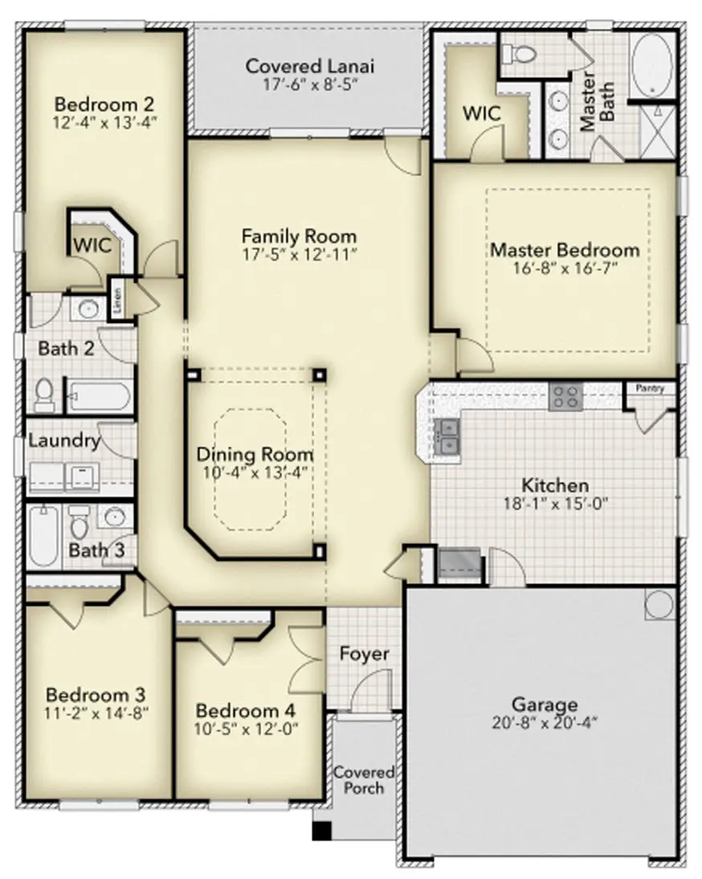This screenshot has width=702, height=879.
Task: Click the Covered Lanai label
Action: click(309, 66)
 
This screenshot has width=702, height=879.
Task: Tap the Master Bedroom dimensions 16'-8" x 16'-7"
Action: click(565, 268)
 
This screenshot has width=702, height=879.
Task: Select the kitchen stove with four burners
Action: click(565, 398)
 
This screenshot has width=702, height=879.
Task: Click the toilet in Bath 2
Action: click(45, 395)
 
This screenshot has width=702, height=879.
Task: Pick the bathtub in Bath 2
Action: click(99, 397)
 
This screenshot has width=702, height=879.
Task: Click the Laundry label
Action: click(63, 440)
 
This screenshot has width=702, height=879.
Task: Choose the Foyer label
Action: click(364, 654)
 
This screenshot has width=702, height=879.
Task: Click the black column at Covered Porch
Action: click(322, 832)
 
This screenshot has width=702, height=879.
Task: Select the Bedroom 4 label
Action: click(246, 711)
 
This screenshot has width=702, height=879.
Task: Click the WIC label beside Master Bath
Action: click(482, 113)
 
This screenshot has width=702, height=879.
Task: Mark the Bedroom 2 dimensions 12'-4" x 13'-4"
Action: click(104, 123)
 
